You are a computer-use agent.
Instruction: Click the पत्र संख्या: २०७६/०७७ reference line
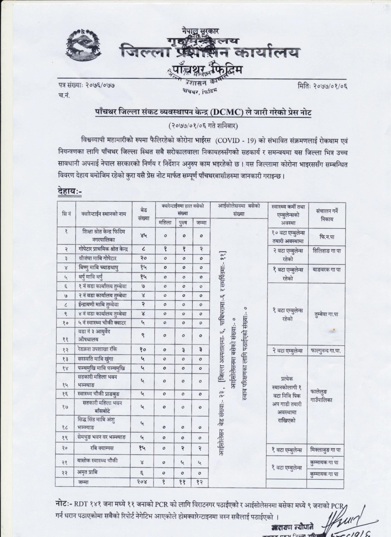click(x=86, y=86)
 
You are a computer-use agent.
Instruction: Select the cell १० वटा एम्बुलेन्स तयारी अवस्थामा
click(x=289, y=236)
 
